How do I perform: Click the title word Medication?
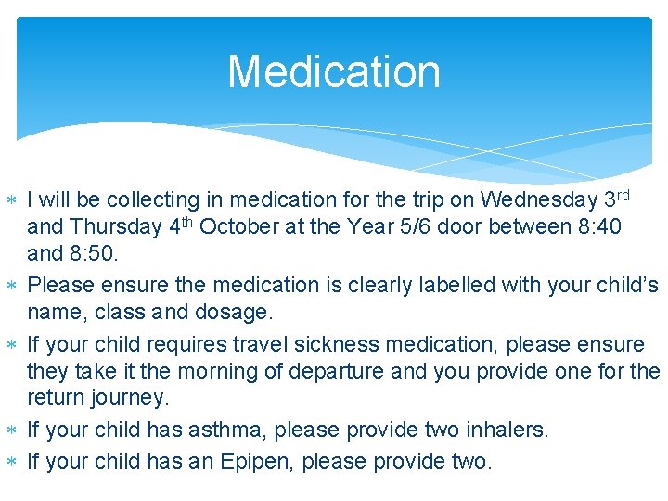tap(334, 72)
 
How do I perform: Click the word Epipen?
tap(252, 461)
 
